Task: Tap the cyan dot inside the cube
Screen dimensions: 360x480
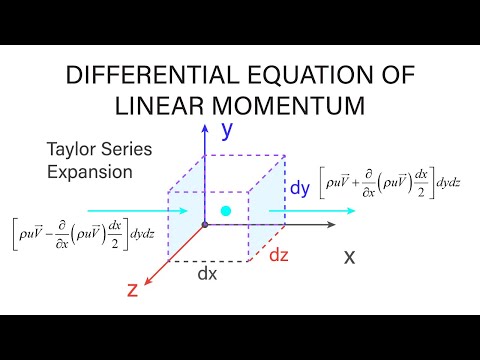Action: pyautogui.click(x=226, y=211)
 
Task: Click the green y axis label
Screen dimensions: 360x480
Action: pyautogui.click(x=227, y=128)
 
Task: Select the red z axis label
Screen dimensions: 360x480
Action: pyautogui.click(x=131, y=290)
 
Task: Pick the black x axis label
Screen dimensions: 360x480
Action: pyautogui.click(x=350, y=256)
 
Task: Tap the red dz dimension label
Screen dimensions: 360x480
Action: pyautogui.click(x=280, y=255)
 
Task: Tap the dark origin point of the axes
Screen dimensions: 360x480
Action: pyautogui.click(x=205, y=226)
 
